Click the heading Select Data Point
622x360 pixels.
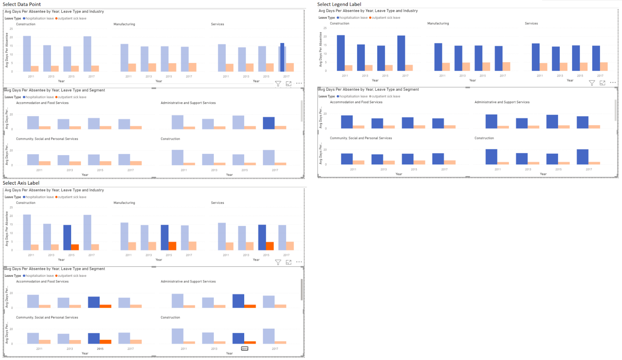tap(22, 4)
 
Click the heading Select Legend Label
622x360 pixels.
tap(339, 4)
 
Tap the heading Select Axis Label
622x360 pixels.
tap(21, 183)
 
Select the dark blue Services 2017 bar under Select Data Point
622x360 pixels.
tap(282, 57)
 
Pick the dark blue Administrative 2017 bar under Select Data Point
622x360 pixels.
tap(269, 123)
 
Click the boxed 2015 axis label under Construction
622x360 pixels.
tap(245, 349)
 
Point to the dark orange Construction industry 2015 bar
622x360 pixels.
tap(75, 247)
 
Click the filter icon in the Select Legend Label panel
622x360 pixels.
tap(592, 83)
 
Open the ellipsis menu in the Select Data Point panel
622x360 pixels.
tap(299, 83)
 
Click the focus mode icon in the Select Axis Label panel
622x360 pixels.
tap(288, 262)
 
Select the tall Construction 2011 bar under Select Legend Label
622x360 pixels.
tap(341, 53)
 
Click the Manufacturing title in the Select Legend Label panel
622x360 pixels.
tap(438, 23)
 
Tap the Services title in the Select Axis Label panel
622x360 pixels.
tap(217, 203)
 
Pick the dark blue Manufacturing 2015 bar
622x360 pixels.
tap(165, 237)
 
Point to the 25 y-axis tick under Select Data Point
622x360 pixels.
tap(11, 29)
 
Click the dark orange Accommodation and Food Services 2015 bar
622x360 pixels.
tap(105, 306)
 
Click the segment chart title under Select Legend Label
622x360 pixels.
tap(369, 89)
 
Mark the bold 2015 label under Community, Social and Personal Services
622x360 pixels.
tap(100, 349)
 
